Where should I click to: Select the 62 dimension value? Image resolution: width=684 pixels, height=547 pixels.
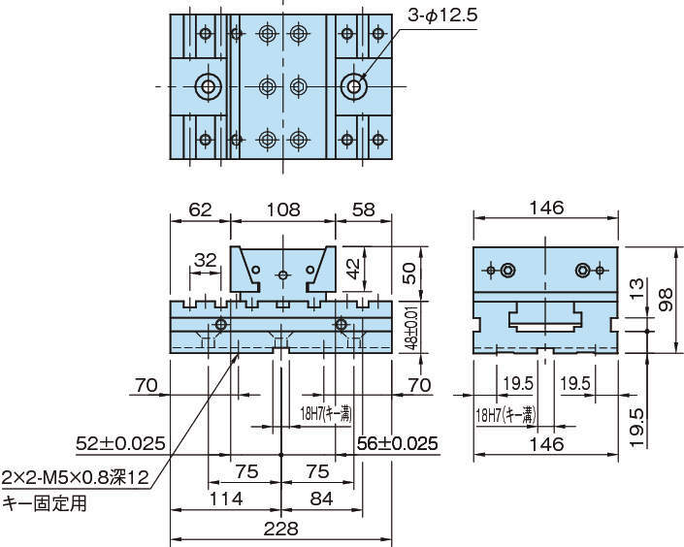[x=199, y=209]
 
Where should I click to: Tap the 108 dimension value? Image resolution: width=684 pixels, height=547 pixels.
[x=283, y=209]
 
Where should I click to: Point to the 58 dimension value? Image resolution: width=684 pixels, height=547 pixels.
[x=364, y=209]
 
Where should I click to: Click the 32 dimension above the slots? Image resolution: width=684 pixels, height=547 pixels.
[x=205, y=260]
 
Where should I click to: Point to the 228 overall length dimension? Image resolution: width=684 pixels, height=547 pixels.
[x=282, y=529]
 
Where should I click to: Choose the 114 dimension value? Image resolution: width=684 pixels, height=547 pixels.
[x=225, y=499]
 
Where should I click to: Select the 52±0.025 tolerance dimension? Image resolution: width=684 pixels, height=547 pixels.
[x=120, y=444]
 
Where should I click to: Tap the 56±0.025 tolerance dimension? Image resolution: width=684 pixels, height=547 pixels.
[x=397, y=444]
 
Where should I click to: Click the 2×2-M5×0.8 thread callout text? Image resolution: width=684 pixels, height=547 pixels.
[x=76, y=477]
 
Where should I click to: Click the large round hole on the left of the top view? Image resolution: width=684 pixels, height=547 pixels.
[x=207, y=86]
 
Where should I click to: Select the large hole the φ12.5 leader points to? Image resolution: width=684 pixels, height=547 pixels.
[x=354, y=86]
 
